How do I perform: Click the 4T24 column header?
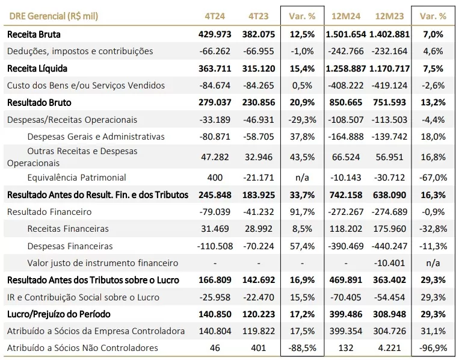coord(215,16)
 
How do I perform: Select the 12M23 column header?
coord(389,16)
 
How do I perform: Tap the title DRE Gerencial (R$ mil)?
coord(54,16)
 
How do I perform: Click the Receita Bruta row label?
coord(34,34)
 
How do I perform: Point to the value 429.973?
coord(215,34)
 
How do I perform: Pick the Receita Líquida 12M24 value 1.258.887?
coord(346,69)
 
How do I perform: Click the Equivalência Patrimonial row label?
coord(76,178)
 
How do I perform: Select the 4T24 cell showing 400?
coord(215,178)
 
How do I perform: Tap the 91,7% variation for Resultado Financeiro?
coord(302,212)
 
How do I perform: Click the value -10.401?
coord(389,263)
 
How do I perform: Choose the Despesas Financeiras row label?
coord(70,246)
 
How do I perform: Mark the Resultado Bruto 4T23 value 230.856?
coord(259,102)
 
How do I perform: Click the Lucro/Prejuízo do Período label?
coord(59,314)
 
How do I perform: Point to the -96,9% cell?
coord(433,348)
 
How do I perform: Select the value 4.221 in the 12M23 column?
coord(389,348)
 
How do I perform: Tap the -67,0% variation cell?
coord(433,178)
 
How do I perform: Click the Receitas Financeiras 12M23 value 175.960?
coord(389,229)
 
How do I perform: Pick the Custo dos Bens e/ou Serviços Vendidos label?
coord(86,85)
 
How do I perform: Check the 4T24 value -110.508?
coord(215,246)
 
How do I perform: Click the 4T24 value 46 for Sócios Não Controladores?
coord(215,348)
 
